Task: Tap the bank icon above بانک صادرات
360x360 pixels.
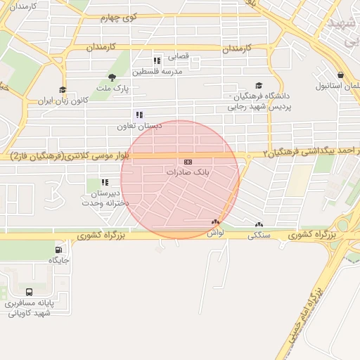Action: point(188,162)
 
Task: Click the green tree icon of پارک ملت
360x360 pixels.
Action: point(112,77)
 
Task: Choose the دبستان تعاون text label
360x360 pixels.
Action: point(140,125)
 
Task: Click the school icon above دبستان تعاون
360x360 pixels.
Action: point(139,115)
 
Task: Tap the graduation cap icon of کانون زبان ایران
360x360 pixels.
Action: point(63,89)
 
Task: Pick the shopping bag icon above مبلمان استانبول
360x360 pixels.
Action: point(341,75)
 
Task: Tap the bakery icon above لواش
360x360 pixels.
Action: point(215,223)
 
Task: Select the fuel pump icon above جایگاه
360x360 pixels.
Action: point(58,250)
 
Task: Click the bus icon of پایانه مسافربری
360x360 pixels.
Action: point(30,292)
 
